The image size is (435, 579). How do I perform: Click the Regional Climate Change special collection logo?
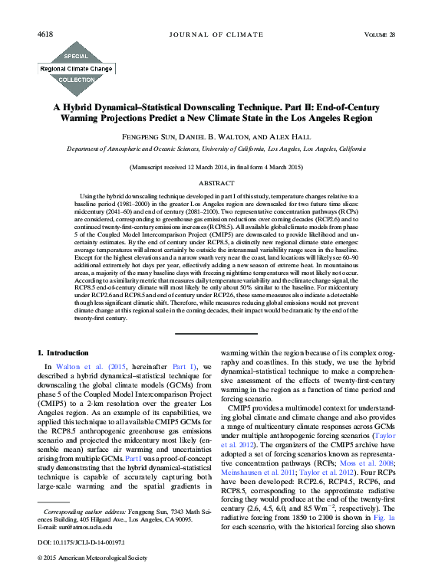tap(76, 67)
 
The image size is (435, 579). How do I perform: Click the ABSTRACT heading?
tap(217, 184)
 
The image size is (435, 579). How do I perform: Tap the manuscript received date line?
tap(217, 166)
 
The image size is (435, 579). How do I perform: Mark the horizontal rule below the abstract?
tap(217, 332)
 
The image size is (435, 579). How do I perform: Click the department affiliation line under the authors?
tap(217, 149)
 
